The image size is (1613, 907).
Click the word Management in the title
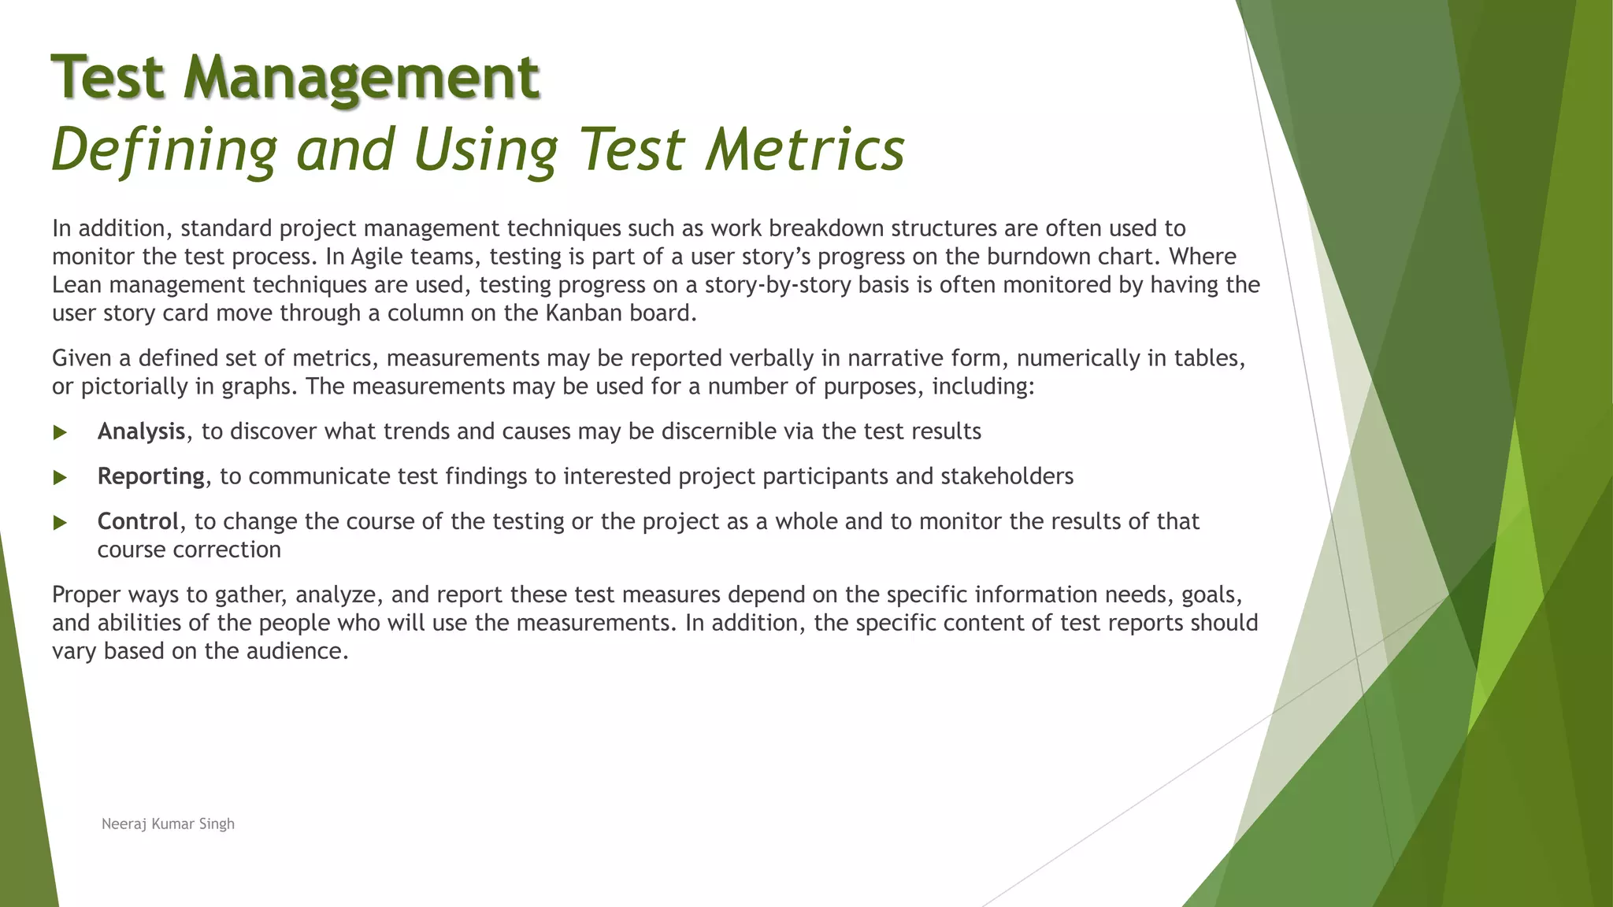tap(362, 78)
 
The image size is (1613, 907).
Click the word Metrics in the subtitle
tap(805, 149)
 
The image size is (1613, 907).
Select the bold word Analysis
tap(141, 431)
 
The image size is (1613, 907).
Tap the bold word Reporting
tap(150, 476)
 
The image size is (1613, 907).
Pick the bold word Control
tap(138, 521)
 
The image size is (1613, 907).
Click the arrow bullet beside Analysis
tap(60, 432)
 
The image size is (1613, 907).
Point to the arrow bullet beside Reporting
tap(60, 477)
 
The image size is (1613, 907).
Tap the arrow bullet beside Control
tap(60, 522)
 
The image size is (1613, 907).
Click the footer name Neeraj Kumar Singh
tap(168, 824)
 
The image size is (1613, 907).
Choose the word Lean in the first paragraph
tap(77, 285)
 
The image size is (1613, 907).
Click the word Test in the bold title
tap(108, 78)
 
